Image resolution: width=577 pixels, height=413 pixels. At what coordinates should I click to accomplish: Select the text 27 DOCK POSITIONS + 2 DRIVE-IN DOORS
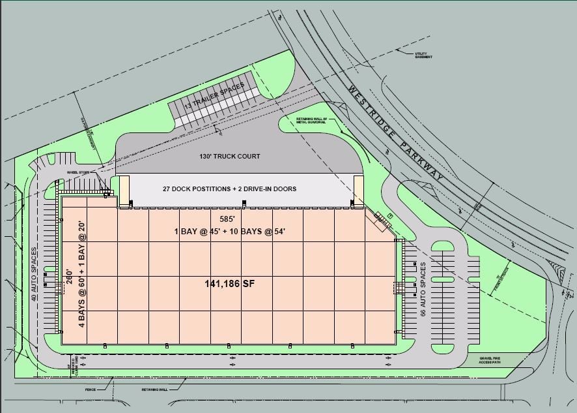click(229, 189)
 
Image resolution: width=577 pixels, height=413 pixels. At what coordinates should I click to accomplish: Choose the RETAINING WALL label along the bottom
click(156, 390)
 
